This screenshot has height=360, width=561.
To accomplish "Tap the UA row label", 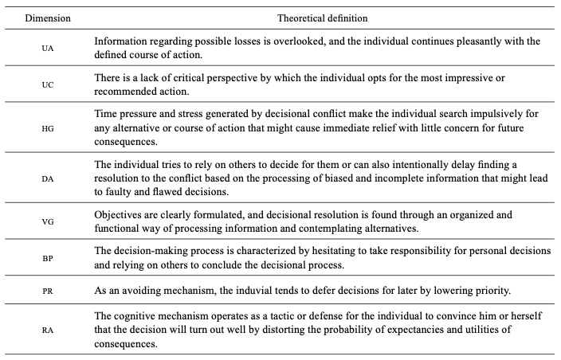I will [48, 49].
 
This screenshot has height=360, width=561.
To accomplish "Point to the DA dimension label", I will [48, 180].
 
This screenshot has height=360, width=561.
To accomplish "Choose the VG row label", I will [48, 224].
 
